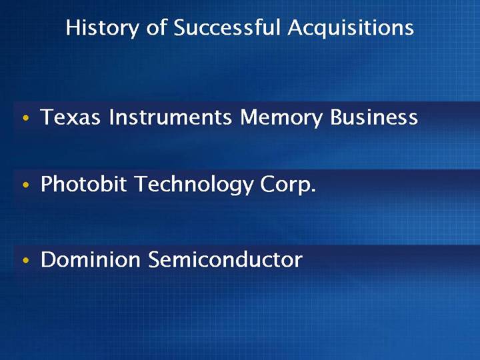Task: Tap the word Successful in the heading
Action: (x=227, y=27)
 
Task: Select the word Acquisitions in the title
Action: (x=351, y=28)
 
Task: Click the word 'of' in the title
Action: (x=156, y=27)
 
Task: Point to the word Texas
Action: (x=71, y=117)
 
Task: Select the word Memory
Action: (x=281, y=119)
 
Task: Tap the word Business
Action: (x=374, y=117)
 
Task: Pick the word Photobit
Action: (x=83, y=184)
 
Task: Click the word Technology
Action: (x=194, y=185)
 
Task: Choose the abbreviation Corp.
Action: (x=288, y=185)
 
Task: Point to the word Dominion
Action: (x=91, y=259)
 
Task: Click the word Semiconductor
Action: (x=225, y=259)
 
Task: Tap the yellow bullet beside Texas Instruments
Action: (x=26, y=118)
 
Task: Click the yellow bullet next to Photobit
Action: (x=26, y=185)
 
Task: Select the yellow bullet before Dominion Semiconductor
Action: (x=26, y=261)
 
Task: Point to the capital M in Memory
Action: (x=251, y=117)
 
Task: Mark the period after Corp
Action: (x=313, y=191)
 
